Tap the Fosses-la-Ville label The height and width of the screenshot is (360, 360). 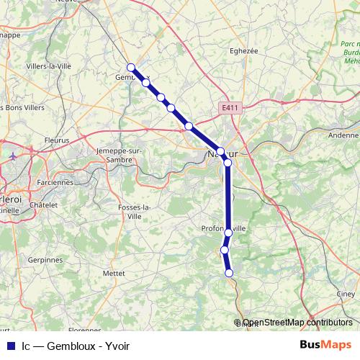pyautogui.click(x=135, y=211)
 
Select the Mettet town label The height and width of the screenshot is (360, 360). pyautogui.click(x=114, y=274)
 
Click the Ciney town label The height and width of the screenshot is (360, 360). pyautogui.click(x=346, y=294)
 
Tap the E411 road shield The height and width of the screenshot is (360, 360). pyautogui.click(x=230, y=108)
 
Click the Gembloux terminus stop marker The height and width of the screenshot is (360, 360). pyautogui.click(x=130, y=67)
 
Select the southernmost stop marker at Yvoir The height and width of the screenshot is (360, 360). pyautogui.click(x=229, y=273)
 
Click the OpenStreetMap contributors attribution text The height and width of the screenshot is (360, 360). pyautogui.click(x=297, y=323)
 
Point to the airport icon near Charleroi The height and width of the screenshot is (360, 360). pyautogui.click(x=14, y=155)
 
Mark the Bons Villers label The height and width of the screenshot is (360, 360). pyautogui.click(x=25, y=107)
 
